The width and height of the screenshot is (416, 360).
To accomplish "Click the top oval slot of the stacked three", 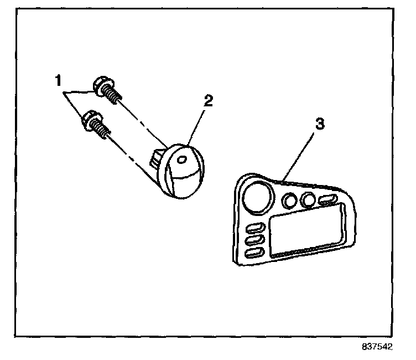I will pyautogui.click(x=254, y=228).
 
